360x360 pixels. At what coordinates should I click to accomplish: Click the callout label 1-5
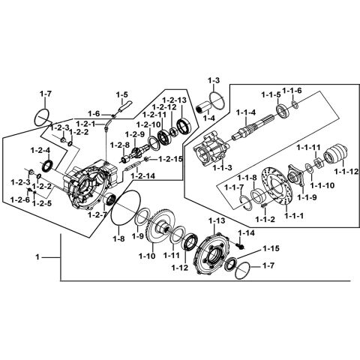(x=122, y=94)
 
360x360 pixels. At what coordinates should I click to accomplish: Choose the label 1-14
(x=247, y=233)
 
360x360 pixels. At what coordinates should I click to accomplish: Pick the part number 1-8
(x=118, y=238)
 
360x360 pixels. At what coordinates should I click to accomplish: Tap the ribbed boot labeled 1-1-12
(x=334, y=154)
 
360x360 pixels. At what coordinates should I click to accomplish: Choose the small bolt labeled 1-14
(x=239, y=245)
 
